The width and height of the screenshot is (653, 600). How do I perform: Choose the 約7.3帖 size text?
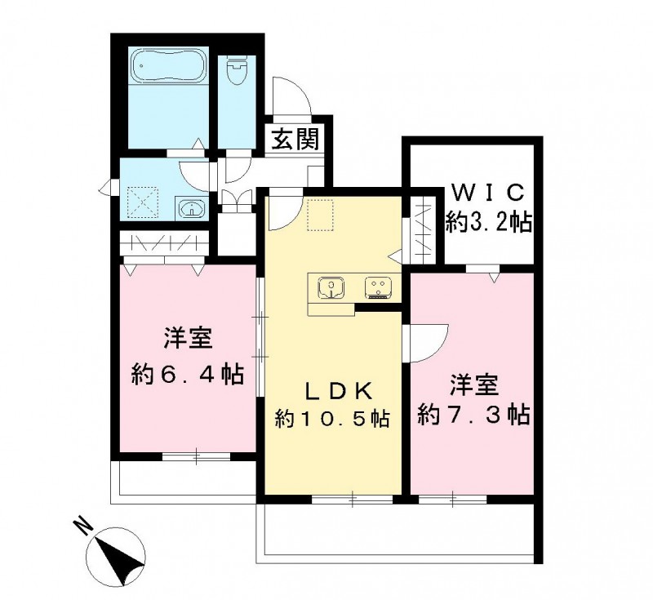click(473, 414)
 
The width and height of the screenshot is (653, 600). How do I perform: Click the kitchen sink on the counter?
click(331, 287)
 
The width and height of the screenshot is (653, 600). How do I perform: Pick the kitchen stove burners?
click(378, 287)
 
